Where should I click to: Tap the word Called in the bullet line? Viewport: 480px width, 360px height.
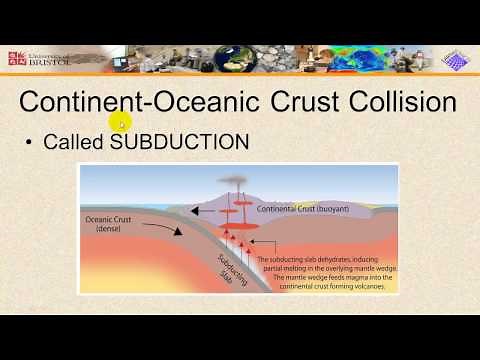pos(75,142)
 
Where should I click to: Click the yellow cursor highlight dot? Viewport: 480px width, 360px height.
pos(119,123)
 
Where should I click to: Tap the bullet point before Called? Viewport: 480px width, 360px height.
pos(31,142)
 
